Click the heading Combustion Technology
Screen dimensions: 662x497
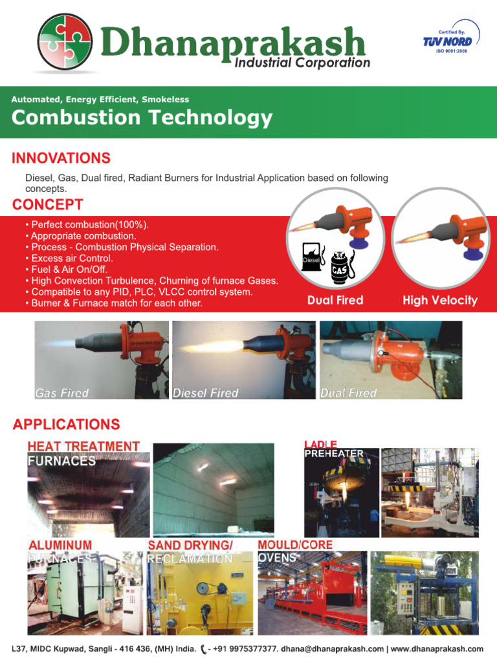142,118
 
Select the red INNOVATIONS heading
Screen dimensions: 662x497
61,158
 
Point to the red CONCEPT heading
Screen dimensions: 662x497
48,205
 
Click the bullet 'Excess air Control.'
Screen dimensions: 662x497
71,258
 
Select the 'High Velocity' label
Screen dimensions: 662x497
439,300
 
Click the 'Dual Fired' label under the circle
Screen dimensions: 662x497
335,300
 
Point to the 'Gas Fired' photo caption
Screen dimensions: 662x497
61,393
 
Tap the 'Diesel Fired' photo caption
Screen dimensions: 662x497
206,393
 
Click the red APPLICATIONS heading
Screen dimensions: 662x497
67,425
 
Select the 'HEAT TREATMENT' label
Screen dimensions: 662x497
83,446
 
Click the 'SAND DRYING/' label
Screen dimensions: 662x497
190,545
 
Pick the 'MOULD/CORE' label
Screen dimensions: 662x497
295,545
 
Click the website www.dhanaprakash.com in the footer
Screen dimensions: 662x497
437,648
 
